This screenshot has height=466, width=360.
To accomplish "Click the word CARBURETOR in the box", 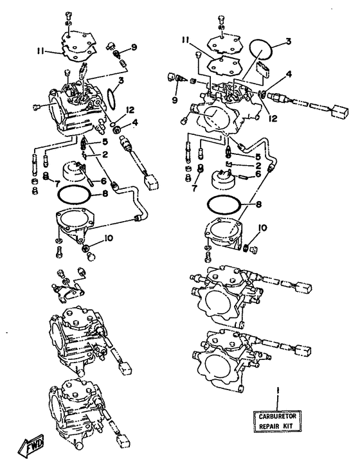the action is [x=277, y=417].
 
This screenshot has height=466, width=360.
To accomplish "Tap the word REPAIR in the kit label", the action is [x=269, y=426].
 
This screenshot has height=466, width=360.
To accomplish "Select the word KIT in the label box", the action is [x=288, y=426].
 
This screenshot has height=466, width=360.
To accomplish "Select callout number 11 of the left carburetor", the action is [x=40, y=51].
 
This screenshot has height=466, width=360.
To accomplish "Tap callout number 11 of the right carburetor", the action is [x=186, y=40].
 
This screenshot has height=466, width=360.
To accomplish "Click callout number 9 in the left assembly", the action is [x=134, y=47].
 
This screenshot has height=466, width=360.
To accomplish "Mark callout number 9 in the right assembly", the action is [x=174, y=100].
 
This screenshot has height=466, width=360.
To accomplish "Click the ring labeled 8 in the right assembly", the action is [x=224, y=205].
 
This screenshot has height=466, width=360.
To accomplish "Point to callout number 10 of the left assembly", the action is [x=108, y=238].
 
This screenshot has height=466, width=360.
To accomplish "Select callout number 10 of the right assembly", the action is [x=262, y=228].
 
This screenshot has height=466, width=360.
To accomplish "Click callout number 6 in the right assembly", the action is [x=258, y=174].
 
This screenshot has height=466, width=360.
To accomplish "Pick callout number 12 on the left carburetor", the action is [x=130, y=111].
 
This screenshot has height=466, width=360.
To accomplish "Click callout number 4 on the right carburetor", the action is [x=288, y=74].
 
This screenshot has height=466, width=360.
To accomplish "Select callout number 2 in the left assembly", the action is [x=105, y=154].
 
